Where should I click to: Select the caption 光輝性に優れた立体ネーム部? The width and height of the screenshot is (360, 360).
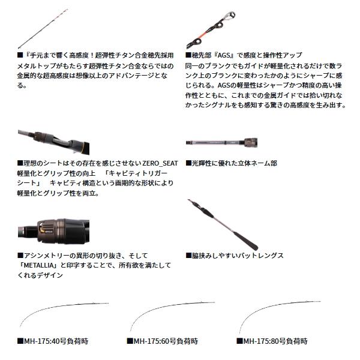[x=232, y=163]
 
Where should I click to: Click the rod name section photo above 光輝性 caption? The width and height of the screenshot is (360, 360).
[x=221, y=143]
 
